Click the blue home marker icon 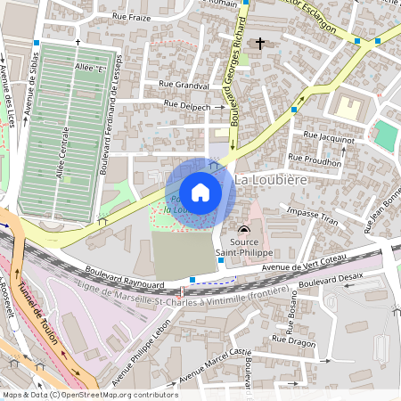[200, 192]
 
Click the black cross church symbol [260, 43]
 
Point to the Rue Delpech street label [188, 106]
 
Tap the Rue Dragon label [293, 340]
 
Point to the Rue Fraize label [131, 17]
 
